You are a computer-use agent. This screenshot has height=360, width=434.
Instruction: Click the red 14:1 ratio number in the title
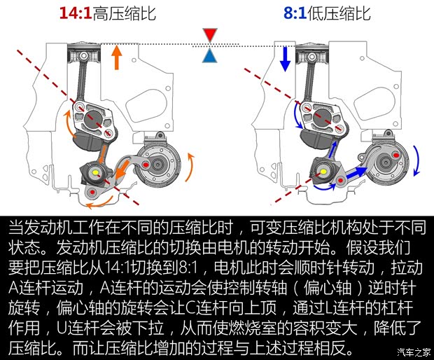pos(76,14)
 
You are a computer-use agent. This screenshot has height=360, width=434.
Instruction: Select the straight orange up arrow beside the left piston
pos(117,57)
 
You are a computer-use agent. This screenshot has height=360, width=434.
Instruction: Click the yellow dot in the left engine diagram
pos(94,170)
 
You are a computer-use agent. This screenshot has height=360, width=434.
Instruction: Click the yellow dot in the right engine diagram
pos(323,169)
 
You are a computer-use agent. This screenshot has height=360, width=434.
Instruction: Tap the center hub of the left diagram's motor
pos(160,164)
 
